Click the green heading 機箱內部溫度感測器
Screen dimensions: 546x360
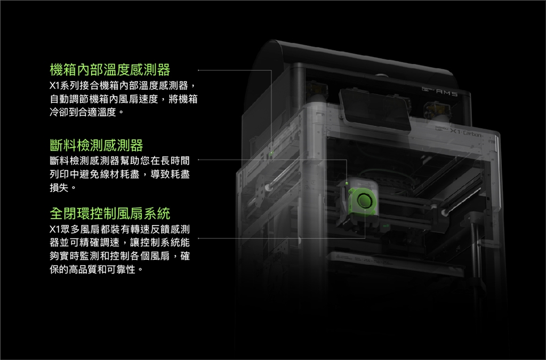click(110, 70)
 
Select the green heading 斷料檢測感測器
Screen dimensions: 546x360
click(97, 145)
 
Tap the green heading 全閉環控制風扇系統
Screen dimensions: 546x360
click(110, 213)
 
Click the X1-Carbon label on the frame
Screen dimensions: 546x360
click(466, 132)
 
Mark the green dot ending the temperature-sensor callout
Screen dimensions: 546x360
click(271, 153)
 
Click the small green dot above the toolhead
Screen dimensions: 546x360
click(347, 183)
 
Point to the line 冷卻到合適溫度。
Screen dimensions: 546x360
click(87, 112)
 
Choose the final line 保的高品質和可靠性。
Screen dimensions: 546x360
click(97, 269)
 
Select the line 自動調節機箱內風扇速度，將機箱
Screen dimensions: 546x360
click(124, 99)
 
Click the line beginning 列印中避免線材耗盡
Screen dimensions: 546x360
click(120, 174)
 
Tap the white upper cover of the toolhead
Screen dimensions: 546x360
click(363, 183)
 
